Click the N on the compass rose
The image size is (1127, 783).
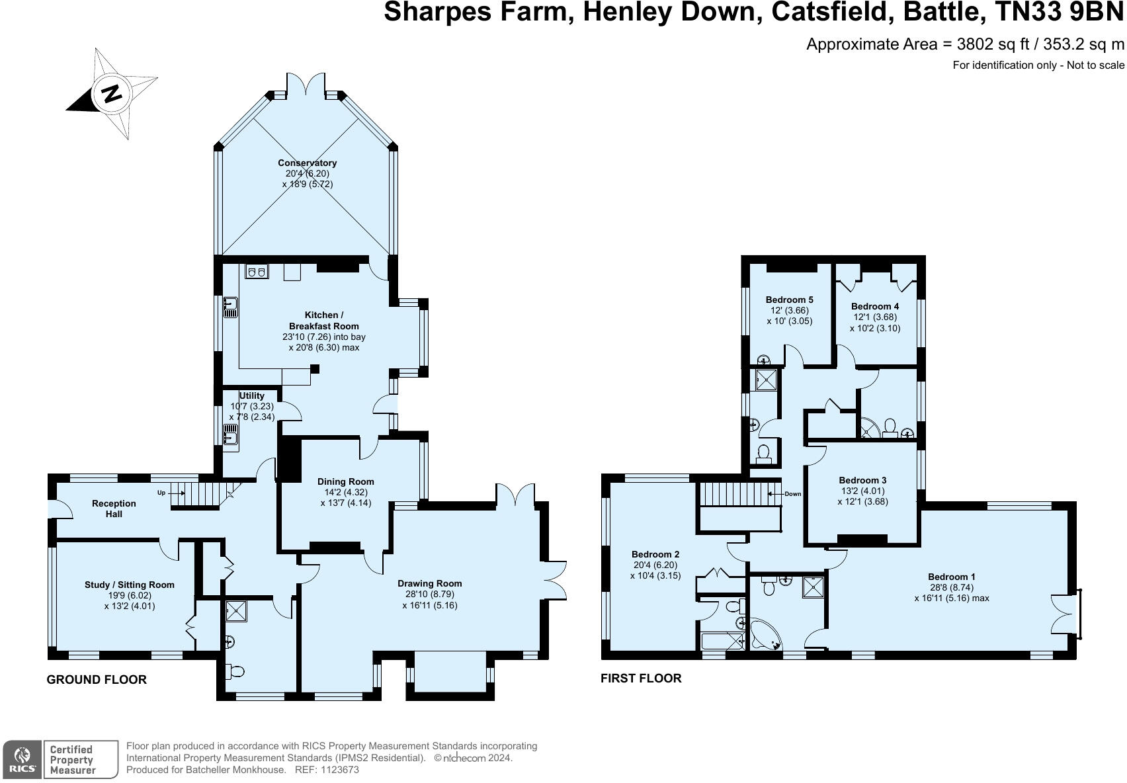click(x=111, y=93)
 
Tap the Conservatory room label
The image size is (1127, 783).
click(x=308, y=163)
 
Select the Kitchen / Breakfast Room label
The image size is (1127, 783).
click(x=324, y=321)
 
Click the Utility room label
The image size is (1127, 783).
click(x=251, y=395)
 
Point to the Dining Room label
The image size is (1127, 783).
click(x=346, y=481)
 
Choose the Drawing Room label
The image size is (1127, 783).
click(x=430, y=583)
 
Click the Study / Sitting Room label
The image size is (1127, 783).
click(x=130, y=585)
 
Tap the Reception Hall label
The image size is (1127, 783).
click(x=114, y=509)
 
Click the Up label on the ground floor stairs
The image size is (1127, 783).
click(x=161, y=493)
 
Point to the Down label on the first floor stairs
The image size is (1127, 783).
click(x=792, y=493)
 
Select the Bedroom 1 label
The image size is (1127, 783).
click(x=952, y=577)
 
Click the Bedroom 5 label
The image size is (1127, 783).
click(x=790, y=300)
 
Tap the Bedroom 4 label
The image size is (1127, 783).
click(x=875, y=306)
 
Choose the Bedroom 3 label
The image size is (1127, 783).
click(x=862, y=480)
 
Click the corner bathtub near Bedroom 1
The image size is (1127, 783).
click(x=765, y=635)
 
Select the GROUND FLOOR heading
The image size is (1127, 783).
click(x=97, y=680)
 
